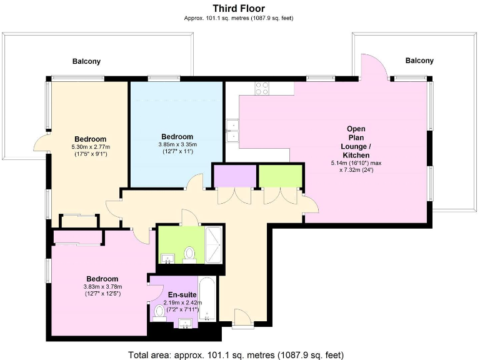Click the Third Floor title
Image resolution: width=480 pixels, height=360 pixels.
239,8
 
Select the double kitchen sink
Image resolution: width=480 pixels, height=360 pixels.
232,129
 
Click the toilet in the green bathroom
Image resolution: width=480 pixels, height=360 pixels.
190,254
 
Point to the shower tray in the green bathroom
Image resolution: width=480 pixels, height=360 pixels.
214,246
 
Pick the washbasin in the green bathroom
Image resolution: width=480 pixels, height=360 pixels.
167,258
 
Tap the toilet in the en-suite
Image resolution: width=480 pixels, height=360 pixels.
159,311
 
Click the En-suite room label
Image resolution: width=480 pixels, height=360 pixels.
182,295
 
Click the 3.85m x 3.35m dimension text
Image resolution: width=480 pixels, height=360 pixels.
177,144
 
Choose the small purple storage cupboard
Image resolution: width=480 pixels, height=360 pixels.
234,176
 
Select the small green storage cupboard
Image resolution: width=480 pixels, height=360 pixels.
280,176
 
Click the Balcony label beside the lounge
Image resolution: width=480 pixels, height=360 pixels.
419,61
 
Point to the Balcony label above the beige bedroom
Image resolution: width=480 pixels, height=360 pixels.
86,61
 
